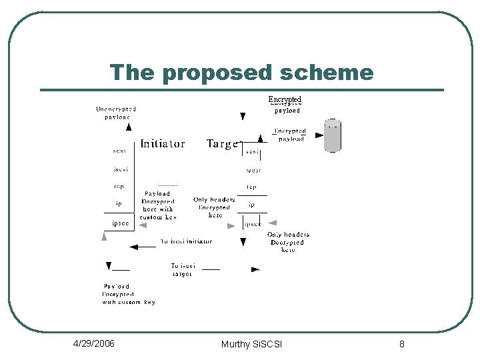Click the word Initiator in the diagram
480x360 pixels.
[x=163, y=143]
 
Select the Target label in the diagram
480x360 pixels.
[x=223, y=143]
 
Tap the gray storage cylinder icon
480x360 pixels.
[x=332, y=136]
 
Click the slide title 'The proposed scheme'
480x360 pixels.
[x=241, y=72]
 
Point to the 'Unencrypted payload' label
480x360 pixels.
[x=116, y=113]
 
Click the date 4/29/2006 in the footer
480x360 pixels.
[x=93, y=343]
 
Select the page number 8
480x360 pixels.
[x=402, y=344]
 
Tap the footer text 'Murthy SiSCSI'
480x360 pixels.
[x=251, y=344]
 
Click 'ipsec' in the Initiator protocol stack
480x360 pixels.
[x=120, y=223]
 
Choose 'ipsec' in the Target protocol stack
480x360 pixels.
[x=253, y=224]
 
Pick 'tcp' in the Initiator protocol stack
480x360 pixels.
[x=119, y=187]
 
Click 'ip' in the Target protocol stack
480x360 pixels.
[x=251, y=205]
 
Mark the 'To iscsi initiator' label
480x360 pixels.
[x=186, y=241]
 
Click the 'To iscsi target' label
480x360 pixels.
[x=182, y=269]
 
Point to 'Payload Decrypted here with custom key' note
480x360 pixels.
[x=158, y=205]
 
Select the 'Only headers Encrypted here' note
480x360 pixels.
[x=214, y=207]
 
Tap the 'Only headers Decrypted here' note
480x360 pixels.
[x=288, y=242]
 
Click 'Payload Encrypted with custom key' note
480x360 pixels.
[x=128, y=294]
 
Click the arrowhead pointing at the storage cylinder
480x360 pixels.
[x=319, y=135]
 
